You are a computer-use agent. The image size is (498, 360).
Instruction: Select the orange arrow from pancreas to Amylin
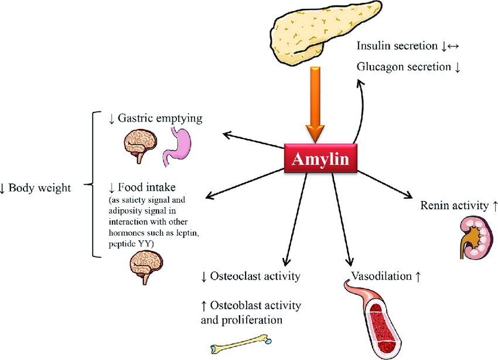[315, 105]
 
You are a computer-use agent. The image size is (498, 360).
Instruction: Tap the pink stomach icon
[177, 147]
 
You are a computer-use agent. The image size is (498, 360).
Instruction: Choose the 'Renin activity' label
[454, 206]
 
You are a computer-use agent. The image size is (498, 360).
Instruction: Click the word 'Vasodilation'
[381, 276]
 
